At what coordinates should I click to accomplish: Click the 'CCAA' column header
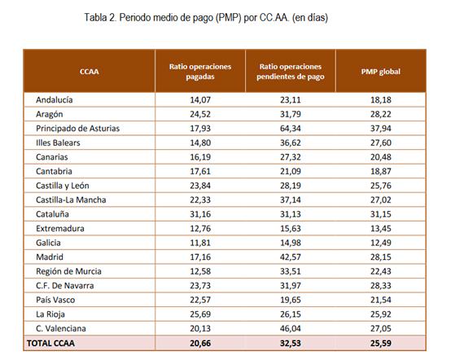pyautogui.click(x=89, y=72)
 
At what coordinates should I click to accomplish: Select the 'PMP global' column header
pyautogui.click(x=380, y=72)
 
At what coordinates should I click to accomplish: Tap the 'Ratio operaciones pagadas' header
pyautogui.click(x=200, y=72)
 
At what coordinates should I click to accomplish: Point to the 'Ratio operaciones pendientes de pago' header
pyautogui.click(x=291, y=72)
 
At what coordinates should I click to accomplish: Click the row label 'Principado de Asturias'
pyautogui.click(x=77, y=129)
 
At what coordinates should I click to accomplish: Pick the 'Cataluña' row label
pyautogui.click(x=52, y=214)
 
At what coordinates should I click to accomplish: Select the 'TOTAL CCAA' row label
pyautogui.click(x=50, y=344)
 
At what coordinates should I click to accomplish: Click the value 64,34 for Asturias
pyautogui.click(x=291, y=129)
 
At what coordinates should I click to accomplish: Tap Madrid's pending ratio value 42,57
pyautogui.click(x=291, y=257)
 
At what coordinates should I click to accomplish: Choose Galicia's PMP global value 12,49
pyautogui.click(x=380, y=243)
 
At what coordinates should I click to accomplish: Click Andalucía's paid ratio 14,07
pyautogui.click(x=200, y=99)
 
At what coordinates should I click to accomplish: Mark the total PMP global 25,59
pyautogui.click(x=380, y=344)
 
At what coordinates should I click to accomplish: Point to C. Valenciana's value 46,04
pyautogui.click(x=291, y=328)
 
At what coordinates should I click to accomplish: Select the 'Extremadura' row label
pyautogui.click(x=60, y=229)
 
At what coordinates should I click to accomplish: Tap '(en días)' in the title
pyautogui.click(x=310, y=18)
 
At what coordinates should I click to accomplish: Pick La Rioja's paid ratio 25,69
pyautogui.click(x=200, y=314)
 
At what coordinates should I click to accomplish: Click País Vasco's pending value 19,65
pyautogui.click(x=291, y=300)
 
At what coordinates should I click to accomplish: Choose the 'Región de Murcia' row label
pyautogui.click(x=68, y=271)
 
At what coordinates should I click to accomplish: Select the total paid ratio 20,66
pyautogui.click(x=200, y=344)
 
